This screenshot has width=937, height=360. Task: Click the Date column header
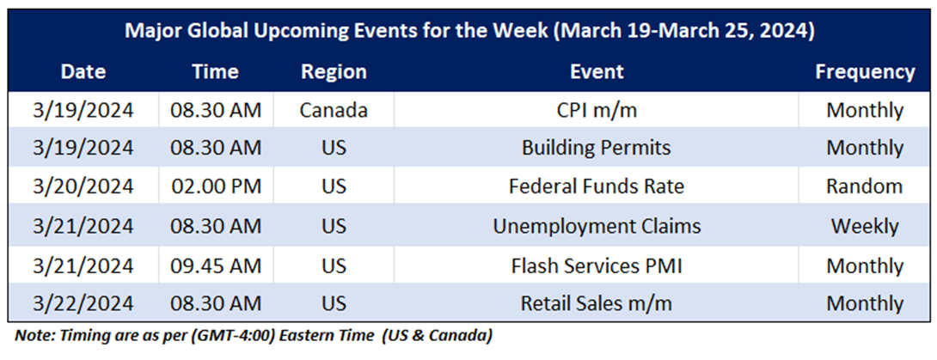point(83,72)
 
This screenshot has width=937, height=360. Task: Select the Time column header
point(216,72)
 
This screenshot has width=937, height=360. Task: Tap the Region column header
point(334,72)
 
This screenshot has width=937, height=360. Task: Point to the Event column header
point(597,72)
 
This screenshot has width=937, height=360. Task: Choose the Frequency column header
point(865,72)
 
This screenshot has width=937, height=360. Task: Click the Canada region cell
point(334,110)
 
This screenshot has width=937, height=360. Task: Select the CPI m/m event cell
point(597,110)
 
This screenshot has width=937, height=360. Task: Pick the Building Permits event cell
point(597,148)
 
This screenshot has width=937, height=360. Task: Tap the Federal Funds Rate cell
point(597,186)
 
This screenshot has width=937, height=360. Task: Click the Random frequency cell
point(865,186)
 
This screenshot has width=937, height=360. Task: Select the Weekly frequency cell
point(865,226)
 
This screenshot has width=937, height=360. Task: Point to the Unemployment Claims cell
point(597,226)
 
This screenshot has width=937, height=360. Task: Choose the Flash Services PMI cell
point(597,265)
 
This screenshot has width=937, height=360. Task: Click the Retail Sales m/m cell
point(597,303)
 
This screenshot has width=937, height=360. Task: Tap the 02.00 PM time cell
point(216,186)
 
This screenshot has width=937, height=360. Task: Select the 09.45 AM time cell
point(216,265)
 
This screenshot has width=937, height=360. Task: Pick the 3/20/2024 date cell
point(83,186)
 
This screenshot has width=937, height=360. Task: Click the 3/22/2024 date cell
point(83,303)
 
